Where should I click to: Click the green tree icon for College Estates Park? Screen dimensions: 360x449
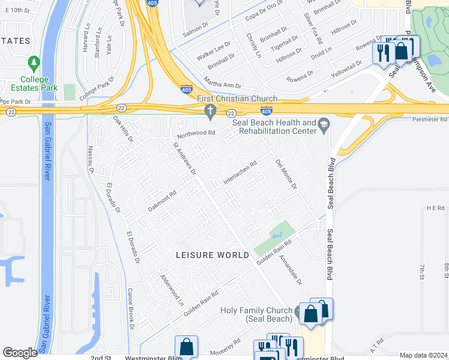pyautogui.click(x=34, y=62)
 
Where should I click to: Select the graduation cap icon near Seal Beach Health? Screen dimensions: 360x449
pyautogui.click(x=324, y=123)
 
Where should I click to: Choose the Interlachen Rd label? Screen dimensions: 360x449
pyautogui.click(x=240, y=172)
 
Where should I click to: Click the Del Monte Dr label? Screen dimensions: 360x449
pyautogui.click(x=286, y=174)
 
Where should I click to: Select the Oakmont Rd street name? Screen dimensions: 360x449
pyautogui.click(x=162, y=201)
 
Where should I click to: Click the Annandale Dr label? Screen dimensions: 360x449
pyautogui.click(x=291, y=269)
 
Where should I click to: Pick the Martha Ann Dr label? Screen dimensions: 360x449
pyautogui.click(x=222, y=85)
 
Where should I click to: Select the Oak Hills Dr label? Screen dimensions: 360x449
pyautogui.click(x=123, y=129)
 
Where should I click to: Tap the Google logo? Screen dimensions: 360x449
pyautogui.click(x=20, y=353)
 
